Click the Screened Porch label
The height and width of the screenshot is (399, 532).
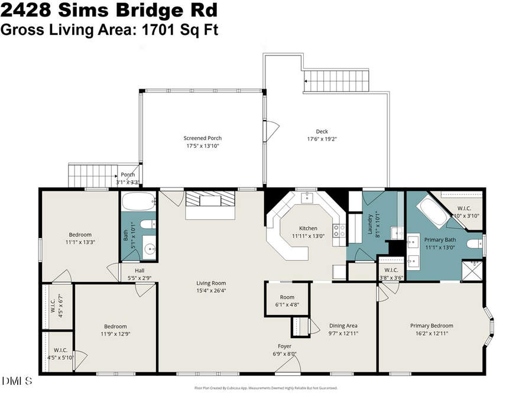202,138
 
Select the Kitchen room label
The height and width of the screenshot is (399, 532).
307,228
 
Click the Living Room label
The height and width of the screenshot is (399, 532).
211,283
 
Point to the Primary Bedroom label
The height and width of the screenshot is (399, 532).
432,326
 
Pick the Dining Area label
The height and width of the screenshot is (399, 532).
343,326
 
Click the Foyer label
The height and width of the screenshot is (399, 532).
285,346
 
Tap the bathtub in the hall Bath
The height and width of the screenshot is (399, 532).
138,205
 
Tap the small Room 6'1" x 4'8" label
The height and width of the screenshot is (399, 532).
287,297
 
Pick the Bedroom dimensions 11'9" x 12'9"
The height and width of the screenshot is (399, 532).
115,334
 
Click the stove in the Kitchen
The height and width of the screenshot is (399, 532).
339,231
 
